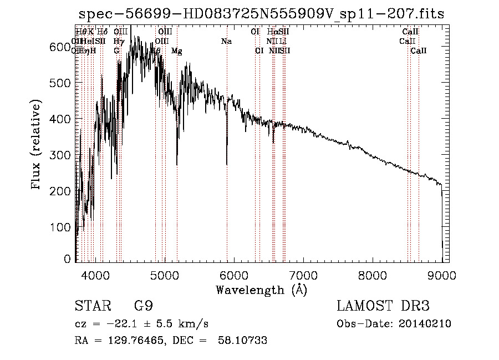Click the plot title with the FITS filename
pyautogui.click(x=262, y=14)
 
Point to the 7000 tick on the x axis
pyautogui.click(x=303, y=275)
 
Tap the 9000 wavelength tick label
pyautogui.click(x=442, y=275)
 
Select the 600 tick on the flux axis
pyautogui.click(x=63, y=47)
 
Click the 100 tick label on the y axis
pyautogui.click(x=63, y=227)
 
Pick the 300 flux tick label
pyautogui.click(x=63, y=155)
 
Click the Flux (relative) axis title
pyautogui.click(x=37, y=145)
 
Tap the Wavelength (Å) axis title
pyautogui.click(x=261, y=290)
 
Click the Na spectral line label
pyautogui.click(x=226, y=41)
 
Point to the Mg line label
pyautogui.click(x=177, y=51)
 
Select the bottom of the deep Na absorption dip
pyautogui.click(x=227, y=164)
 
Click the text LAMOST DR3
pyautogui.click(x=383, y=306)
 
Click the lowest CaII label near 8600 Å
pyautogui.click(x=419, y=51)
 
